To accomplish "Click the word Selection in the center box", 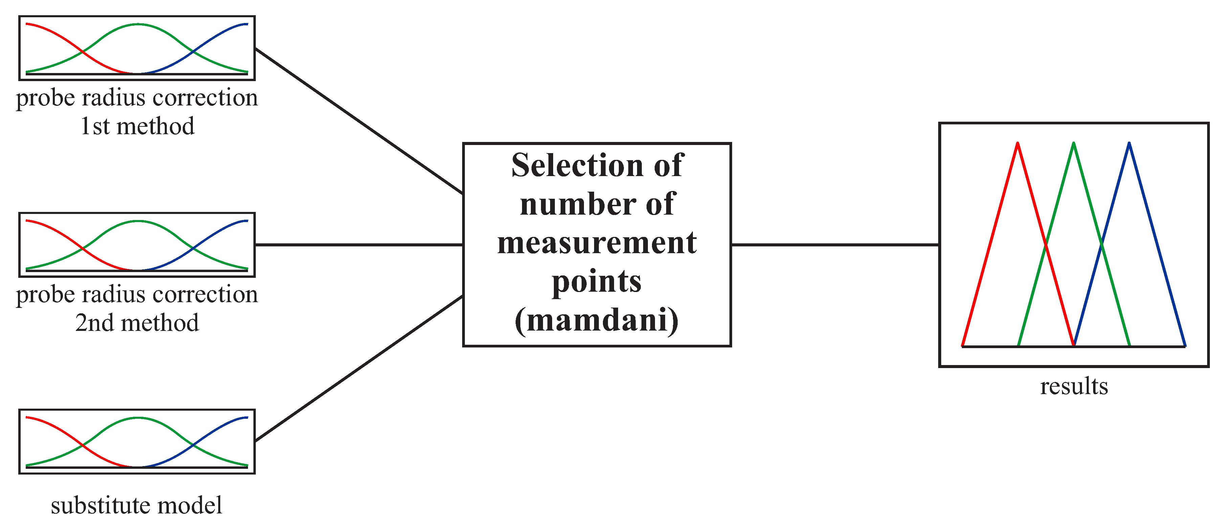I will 577,166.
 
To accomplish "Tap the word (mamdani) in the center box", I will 597,320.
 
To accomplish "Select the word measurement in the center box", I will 597,243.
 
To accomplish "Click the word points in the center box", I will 597,281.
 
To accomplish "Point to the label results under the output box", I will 1074,386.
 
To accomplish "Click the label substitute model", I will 136,505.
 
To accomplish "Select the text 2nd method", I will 137,323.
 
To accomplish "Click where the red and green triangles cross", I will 1046,245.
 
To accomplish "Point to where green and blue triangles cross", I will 1102,245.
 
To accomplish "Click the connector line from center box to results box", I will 835,245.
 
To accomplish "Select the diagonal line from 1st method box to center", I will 359,121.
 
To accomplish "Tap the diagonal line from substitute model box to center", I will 359,368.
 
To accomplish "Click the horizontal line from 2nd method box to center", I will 359,245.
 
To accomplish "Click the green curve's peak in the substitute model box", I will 137,418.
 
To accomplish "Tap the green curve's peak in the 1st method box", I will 137,24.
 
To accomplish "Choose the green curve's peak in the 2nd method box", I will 137,221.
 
